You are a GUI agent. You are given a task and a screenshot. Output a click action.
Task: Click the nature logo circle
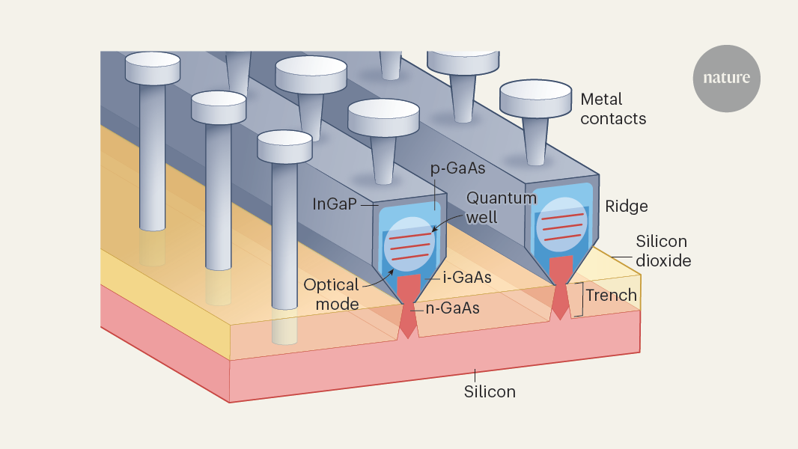pos(726,78)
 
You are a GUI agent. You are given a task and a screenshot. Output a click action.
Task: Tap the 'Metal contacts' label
pos(613,109)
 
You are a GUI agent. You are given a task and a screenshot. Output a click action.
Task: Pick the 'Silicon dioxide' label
pos(662,251)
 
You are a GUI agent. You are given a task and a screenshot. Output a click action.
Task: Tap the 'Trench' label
pos(611,295)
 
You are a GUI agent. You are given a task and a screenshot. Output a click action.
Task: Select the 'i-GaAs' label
pos(468,278)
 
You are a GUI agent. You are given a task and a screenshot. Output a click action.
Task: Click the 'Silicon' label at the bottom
pos(490,391)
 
